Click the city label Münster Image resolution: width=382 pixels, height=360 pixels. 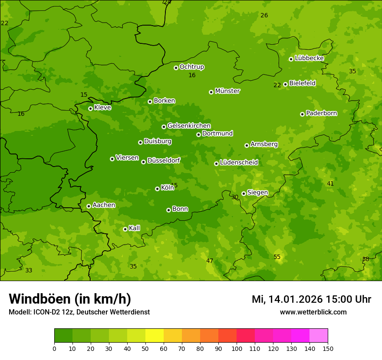tap(227, 91)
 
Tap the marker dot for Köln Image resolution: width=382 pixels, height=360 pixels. tap(157, 189)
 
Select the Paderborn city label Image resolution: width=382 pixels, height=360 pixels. tap(321, 113)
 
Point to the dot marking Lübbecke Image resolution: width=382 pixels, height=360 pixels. tap(291, 59)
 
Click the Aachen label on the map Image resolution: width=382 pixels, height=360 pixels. tap(104, 205)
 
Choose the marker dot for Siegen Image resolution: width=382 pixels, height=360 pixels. tap(244, 193)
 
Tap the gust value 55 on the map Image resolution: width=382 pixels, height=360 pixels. tap(277, 257)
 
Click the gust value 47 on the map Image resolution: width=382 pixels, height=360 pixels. tap(210, 261)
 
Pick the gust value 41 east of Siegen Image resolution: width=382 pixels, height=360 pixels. tap(330, 183)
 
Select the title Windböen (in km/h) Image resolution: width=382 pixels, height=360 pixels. tap(70, 299)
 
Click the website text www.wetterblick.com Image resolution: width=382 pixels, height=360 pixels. tap(313, 312)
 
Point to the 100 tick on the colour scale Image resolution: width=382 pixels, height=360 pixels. tap(237, 348)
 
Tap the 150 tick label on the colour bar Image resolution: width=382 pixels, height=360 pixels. tap(328, 348)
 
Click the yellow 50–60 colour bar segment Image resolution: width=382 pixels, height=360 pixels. tap(155, 336)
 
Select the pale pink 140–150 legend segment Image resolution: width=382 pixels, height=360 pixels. tap(319, 336)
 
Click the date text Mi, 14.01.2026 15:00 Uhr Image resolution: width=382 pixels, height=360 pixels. tap(311, 299)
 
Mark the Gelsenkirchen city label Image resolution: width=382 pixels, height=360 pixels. tap(189, 126)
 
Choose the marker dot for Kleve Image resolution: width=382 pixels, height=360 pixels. tap(90, 108)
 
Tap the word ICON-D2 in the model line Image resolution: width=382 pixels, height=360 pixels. tap(46, 312)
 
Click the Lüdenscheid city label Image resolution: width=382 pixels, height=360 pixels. tap(239, 163)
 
